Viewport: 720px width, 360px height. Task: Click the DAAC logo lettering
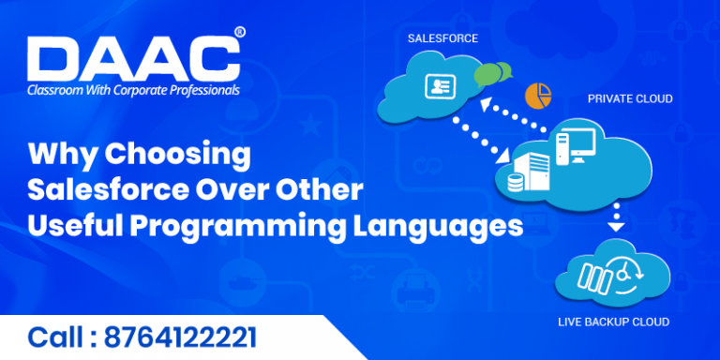(131, 61)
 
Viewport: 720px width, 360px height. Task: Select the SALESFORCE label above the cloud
(442, 38)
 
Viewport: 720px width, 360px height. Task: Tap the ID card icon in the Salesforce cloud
(439, 87)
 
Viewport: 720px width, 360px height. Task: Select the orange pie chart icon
(538, 95)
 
